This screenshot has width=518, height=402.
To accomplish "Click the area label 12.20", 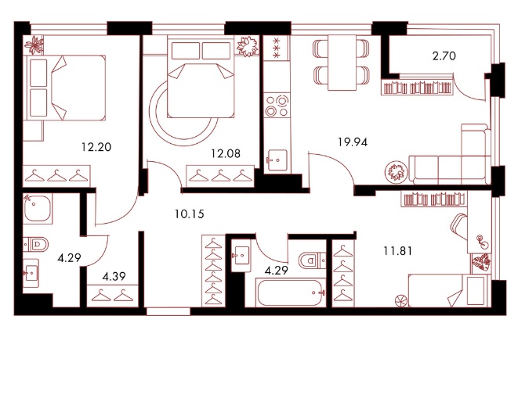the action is click(96, 147).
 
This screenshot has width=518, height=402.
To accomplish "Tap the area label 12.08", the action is click(226, 153).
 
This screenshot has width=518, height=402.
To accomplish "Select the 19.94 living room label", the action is click(353, 142).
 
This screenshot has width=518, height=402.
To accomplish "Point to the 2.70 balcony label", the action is click(444, 56).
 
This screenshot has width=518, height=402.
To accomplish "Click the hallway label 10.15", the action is click(190, 214).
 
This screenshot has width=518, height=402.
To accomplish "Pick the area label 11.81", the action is click(398, 251).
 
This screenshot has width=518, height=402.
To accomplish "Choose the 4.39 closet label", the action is click(114, 276).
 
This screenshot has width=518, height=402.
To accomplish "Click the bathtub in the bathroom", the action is click(291, 293).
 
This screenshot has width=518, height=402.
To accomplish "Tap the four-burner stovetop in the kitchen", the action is click(277, 106).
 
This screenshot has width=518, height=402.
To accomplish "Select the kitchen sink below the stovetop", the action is click(277, 160).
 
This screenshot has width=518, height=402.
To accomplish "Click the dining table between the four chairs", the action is click(342, 63).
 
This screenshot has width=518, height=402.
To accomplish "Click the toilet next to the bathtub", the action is click(312, 260).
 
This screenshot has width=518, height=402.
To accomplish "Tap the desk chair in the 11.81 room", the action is click(459, 226).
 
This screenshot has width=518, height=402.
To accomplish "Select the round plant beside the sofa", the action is click(396, 171).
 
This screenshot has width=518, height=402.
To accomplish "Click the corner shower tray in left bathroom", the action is click(38, 208).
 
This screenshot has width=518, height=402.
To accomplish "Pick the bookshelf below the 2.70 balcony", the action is click(417, 87).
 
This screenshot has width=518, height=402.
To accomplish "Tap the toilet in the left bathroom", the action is click(36, 244).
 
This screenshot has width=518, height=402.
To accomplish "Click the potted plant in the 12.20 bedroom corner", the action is click(34, 45).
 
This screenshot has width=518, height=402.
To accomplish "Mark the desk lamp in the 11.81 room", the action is click(481, 241).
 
